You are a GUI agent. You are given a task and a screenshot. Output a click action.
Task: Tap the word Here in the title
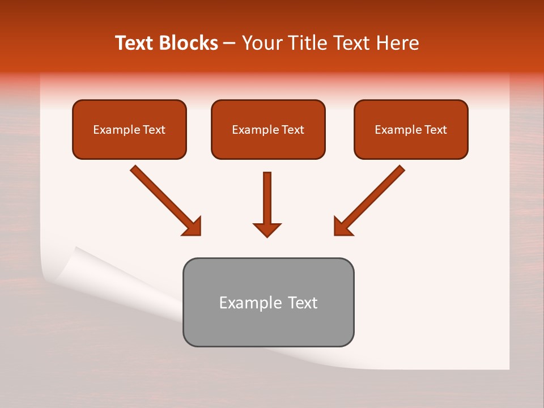click(397, 43)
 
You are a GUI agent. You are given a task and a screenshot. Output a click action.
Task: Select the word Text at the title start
click(136, 43)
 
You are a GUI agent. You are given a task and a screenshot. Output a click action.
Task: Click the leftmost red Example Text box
click(129, 129)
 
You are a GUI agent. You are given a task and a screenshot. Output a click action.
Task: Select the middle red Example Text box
click(268, 129)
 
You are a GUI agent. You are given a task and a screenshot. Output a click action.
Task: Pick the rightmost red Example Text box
click(411, 129)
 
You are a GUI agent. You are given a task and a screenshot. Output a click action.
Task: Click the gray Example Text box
click(268, 302)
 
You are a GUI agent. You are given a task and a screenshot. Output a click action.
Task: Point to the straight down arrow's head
click(267, 229)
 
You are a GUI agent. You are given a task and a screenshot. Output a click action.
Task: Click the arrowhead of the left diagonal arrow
click(193, 227)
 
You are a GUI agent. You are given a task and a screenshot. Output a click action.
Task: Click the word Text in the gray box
click(303, 303)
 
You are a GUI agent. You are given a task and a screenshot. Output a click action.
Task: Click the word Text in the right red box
click(436, 130)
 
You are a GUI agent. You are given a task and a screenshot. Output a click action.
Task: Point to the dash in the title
click(229, 44)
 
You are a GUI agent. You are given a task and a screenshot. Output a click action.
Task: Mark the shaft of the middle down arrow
click(267, 195)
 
